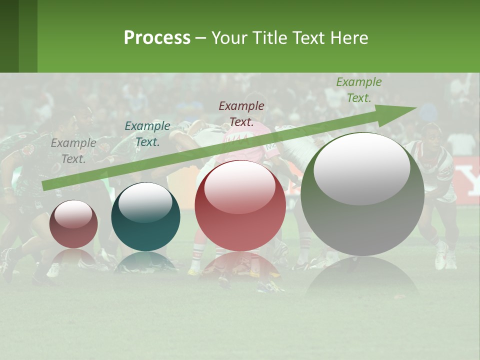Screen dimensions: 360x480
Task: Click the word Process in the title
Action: point(157,38)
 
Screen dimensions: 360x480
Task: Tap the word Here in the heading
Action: point(348,38)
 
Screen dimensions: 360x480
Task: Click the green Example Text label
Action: point(358,90)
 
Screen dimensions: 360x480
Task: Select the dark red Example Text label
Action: point(241,114)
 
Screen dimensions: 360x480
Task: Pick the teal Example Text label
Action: point(147,134)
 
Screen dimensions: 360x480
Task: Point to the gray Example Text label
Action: point(73,151)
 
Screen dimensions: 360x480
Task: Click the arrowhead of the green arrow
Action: point(400,113)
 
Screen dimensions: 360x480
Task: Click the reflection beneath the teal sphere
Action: point(145,262)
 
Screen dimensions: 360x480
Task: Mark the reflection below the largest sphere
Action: point(362,277)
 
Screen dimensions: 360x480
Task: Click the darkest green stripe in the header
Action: point(9,36)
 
